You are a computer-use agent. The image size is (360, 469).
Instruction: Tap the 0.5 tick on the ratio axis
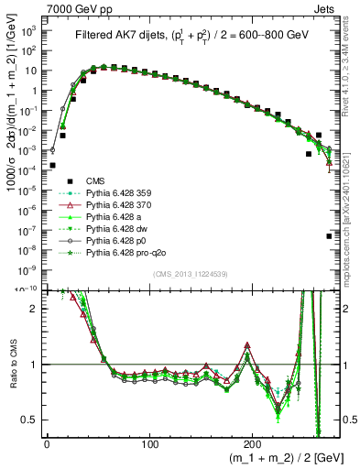click(x=31, y=420)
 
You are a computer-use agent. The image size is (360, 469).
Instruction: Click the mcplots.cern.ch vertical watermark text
click(x=351, y=211)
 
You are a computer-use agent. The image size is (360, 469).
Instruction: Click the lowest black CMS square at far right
click(x=329, y=236)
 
